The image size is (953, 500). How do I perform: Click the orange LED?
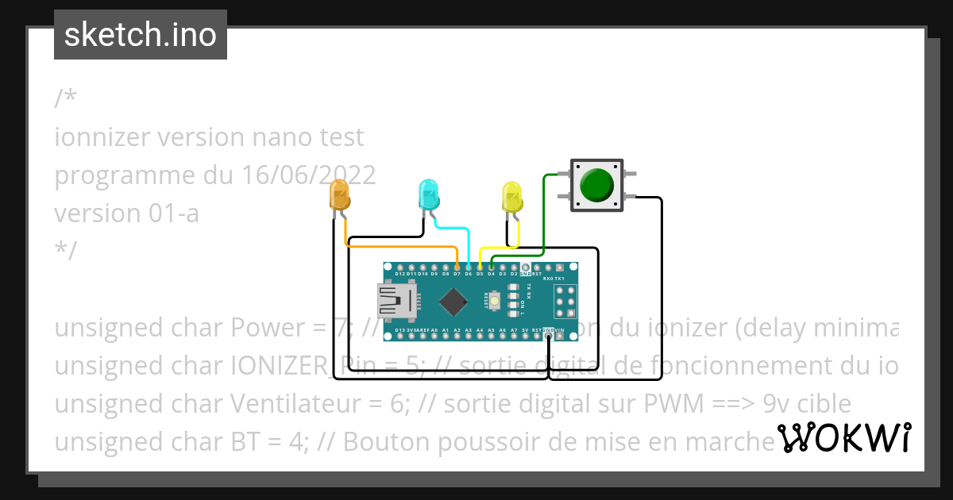pos(339,194)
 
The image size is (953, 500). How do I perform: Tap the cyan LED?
pos(429,194)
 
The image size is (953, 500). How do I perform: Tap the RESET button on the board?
pos(495,301)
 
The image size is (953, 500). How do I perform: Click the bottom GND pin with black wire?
pos(549,336)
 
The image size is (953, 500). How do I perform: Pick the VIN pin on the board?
pos(561,336)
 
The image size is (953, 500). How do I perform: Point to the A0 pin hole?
pos(434,336)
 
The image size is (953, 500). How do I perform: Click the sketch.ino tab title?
pos(141,35)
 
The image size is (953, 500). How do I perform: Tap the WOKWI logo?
pos(843,437)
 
